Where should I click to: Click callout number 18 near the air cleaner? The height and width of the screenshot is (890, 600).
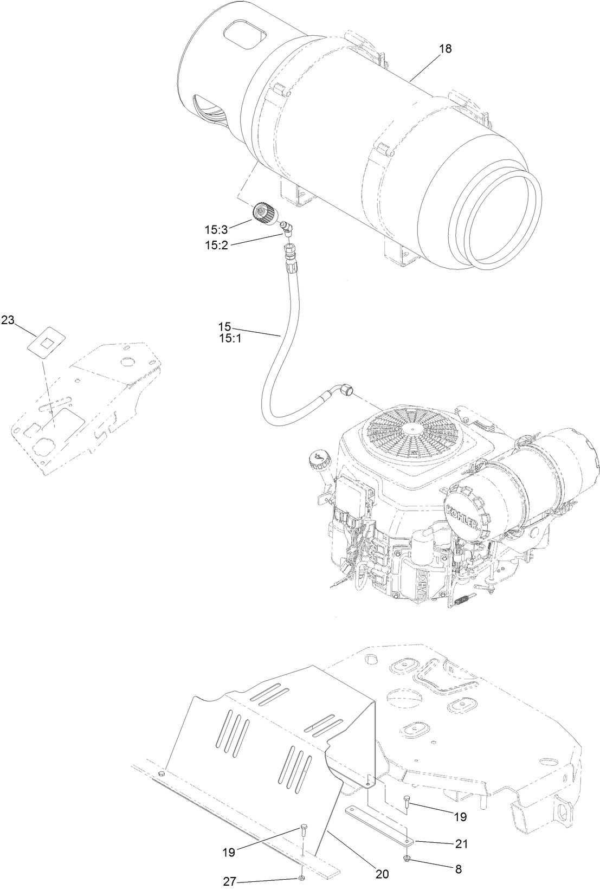tap(444, 49)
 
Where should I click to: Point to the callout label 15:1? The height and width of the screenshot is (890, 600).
tap(225, 337)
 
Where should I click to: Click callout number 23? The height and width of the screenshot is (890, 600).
tap(8, 320)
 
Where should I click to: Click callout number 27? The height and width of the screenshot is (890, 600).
tap(230, 881)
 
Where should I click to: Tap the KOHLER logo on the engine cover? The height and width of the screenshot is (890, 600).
tap(461, 515)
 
